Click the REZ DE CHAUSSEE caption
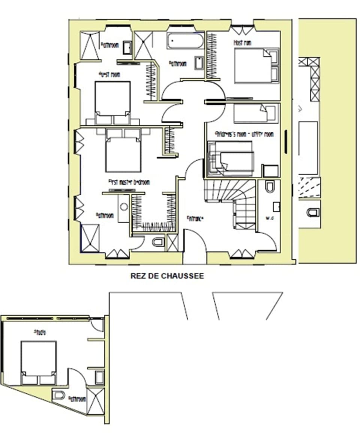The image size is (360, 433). [x=167, y=276]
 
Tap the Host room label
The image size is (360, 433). [x=243, y=43]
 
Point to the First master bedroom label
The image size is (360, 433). [x=129, y=182]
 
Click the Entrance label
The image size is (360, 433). [x=195, y=218]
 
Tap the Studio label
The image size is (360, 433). [x=40, y=332]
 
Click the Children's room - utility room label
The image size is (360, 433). [x=244, y=134]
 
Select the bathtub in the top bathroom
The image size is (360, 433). [x=185, y=41]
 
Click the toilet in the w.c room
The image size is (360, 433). [x=270, y=186]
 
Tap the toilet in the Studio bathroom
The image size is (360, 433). [x=59, y=395]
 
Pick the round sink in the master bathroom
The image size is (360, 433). [x=124, y=207]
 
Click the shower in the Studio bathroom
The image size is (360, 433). [x=95, y=401]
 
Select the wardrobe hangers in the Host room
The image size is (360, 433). [x=212, y=56]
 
